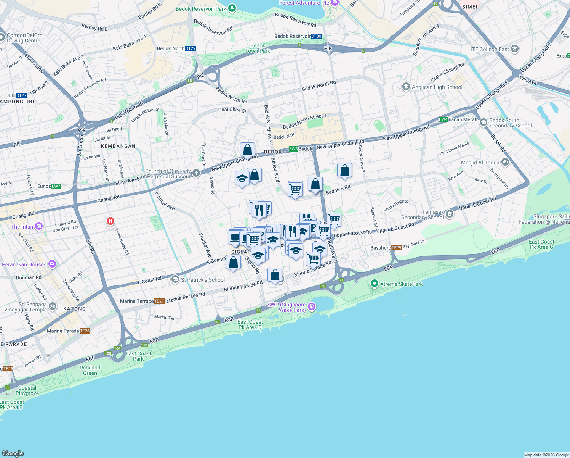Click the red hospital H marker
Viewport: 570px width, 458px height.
click(110, 221)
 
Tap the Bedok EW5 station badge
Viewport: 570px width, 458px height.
click(293, 149)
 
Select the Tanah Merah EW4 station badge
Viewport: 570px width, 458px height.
click(443, 119)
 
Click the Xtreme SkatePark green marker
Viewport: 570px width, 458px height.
click(374, 284)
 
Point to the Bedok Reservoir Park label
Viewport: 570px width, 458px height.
click(201, 9)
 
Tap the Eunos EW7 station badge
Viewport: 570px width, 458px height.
click(56, 186)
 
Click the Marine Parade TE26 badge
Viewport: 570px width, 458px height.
click(85, 331)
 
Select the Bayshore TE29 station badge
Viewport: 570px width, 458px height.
click(397, 248)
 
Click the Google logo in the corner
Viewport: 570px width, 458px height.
click(13, 453)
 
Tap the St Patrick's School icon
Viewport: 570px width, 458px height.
click(175, 280)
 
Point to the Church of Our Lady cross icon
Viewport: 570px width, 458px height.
click(196, 173)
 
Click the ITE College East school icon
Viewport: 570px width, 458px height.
click(515, 49)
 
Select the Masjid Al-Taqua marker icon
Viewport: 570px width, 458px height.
click(505, 162)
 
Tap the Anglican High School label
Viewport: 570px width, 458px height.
click(437, 87)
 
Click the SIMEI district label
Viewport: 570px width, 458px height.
click(469, 7)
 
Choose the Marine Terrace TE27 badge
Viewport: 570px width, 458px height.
click(159, 301)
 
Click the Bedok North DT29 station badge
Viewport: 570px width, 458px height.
click(191, 48)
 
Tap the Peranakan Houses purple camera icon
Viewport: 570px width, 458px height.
click(52, 264)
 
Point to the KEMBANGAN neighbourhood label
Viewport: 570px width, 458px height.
click(118, 146)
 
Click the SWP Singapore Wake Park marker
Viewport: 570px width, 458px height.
click(312, 306)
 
